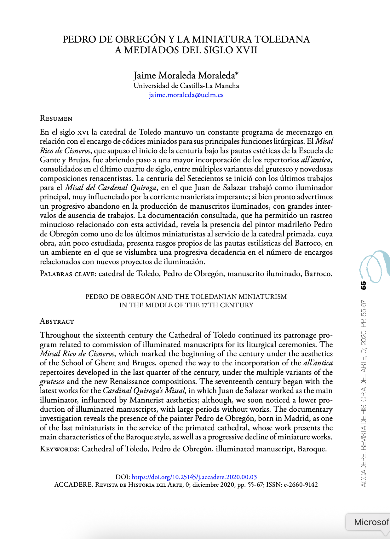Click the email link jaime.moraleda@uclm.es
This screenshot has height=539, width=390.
pos(186,95)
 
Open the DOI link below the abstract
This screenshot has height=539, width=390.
pos(194,477)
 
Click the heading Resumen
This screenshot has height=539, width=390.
pos(56,119)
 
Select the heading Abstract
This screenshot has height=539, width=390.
pos(57,322)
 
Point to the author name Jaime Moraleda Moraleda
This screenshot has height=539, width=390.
pos(186,75)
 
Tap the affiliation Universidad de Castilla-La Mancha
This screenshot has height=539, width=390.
pos(186,86)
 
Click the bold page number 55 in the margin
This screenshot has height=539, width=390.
pos(364,285)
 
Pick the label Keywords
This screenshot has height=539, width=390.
pos(59,449)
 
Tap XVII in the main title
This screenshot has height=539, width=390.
pos(246,50)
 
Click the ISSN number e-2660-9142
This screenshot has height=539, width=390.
pos(301,485)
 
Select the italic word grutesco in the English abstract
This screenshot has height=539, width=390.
pos(52,382)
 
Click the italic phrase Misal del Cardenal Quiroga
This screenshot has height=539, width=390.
pos(110,188)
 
